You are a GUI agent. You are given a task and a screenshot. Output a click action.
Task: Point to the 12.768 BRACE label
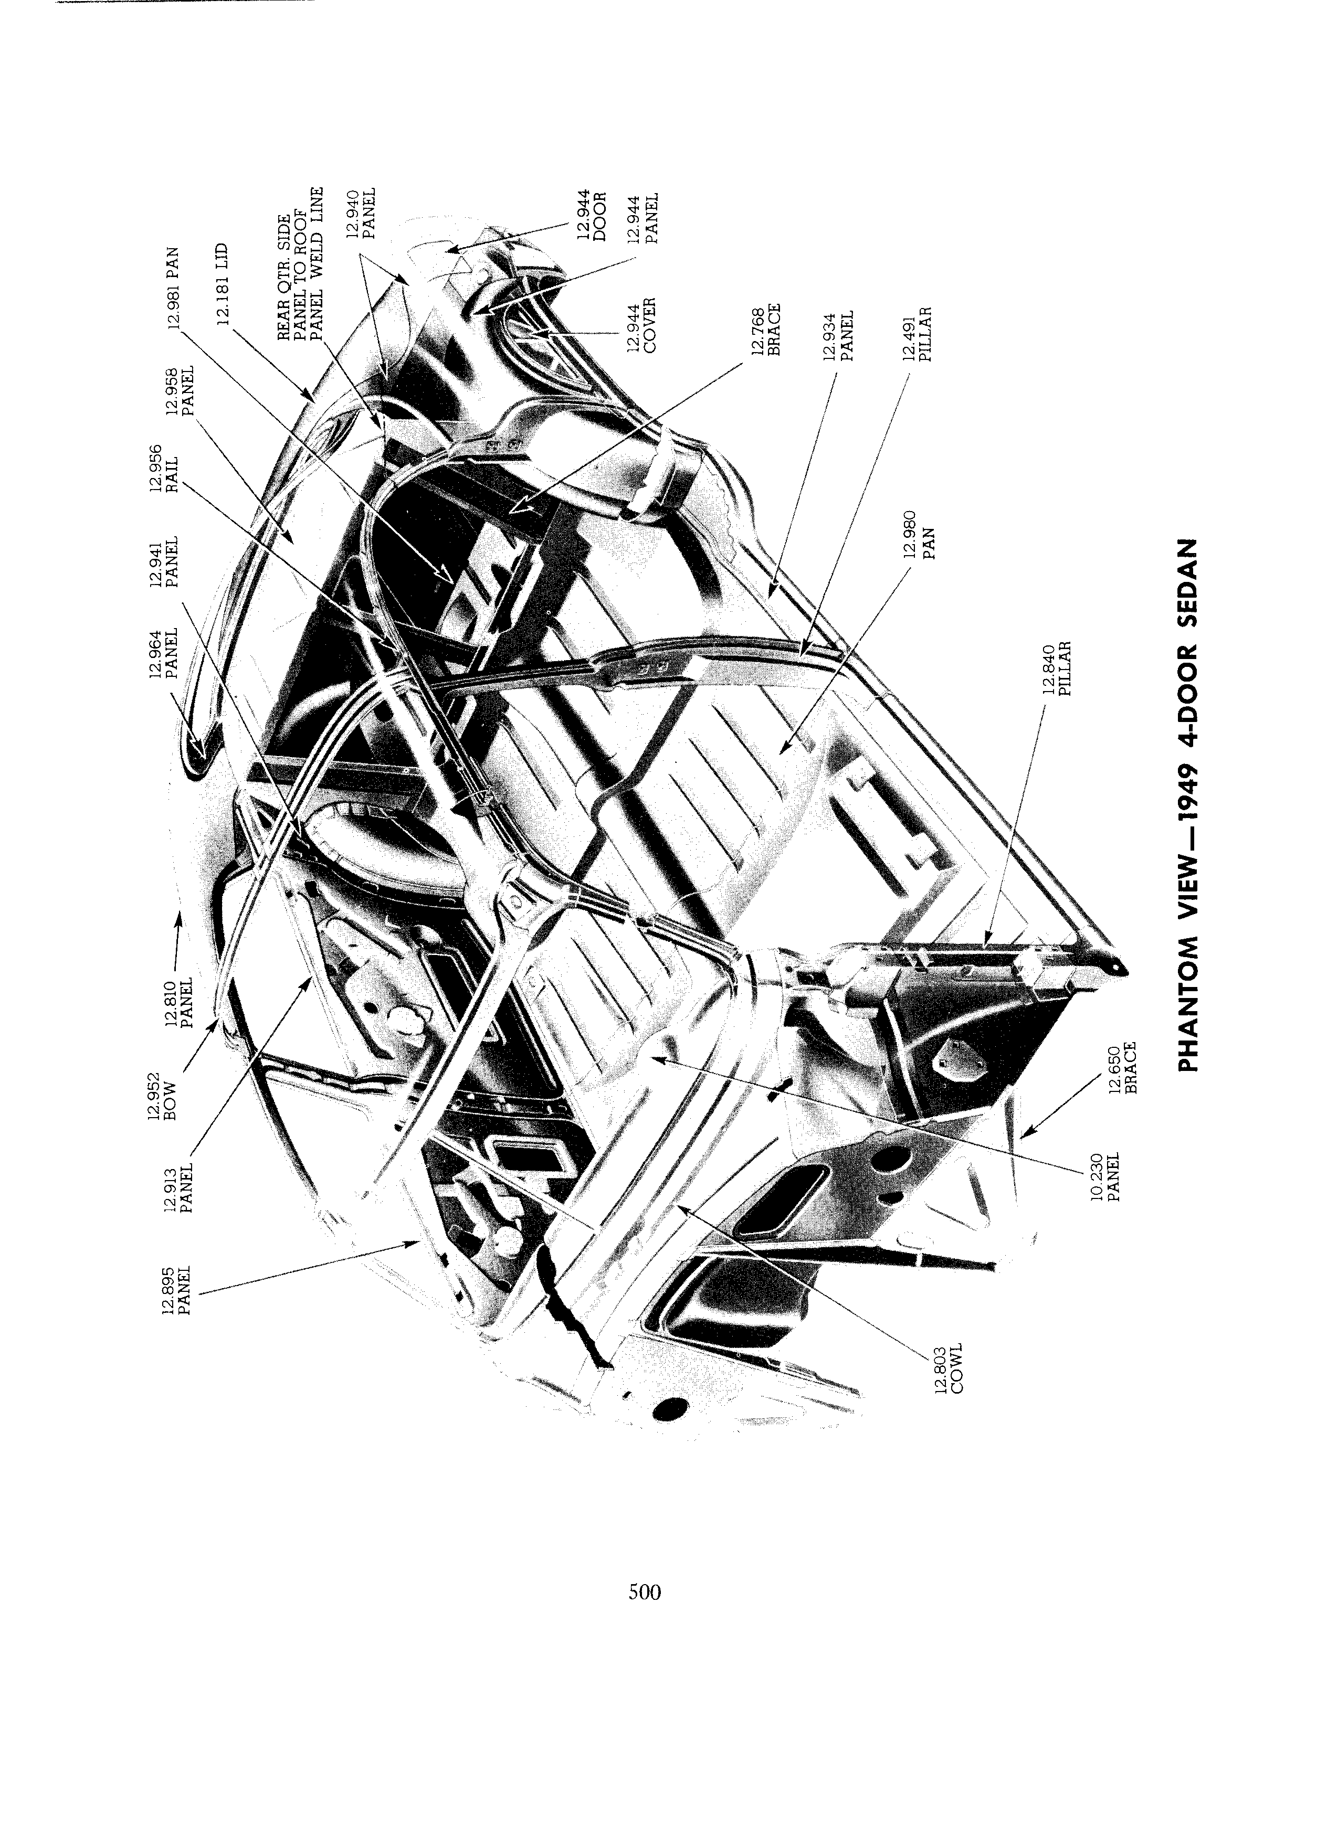click(x=766, y=330)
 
